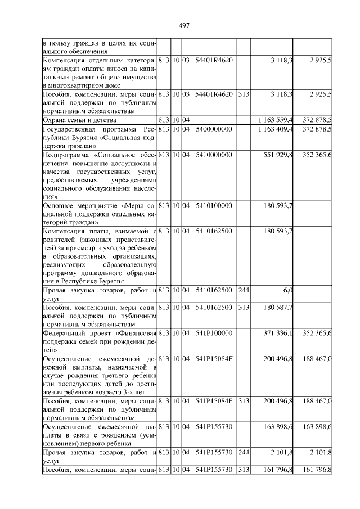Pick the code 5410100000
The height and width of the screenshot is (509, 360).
pyautogui.click(x=213, y=206)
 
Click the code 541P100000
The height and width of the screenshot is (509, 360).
pyautogui.click(x=213, y=334)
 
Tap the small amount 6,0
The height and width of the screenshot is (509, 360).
pyautogui.click(x=287, y=290)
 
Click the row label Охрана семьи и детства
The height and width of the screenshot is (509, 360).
pyautogui.click(x=79, y=120)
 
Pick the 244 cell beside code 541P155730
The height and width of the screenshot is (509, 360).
pyautogui.click(x=243, y=452)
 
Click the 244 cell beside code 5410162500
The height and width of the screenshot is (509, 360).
pyautogui.click(x=243, y=290)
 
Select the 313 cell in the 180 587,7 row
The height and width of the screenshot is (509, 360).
pyautogui.click(x=243, y=308)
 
